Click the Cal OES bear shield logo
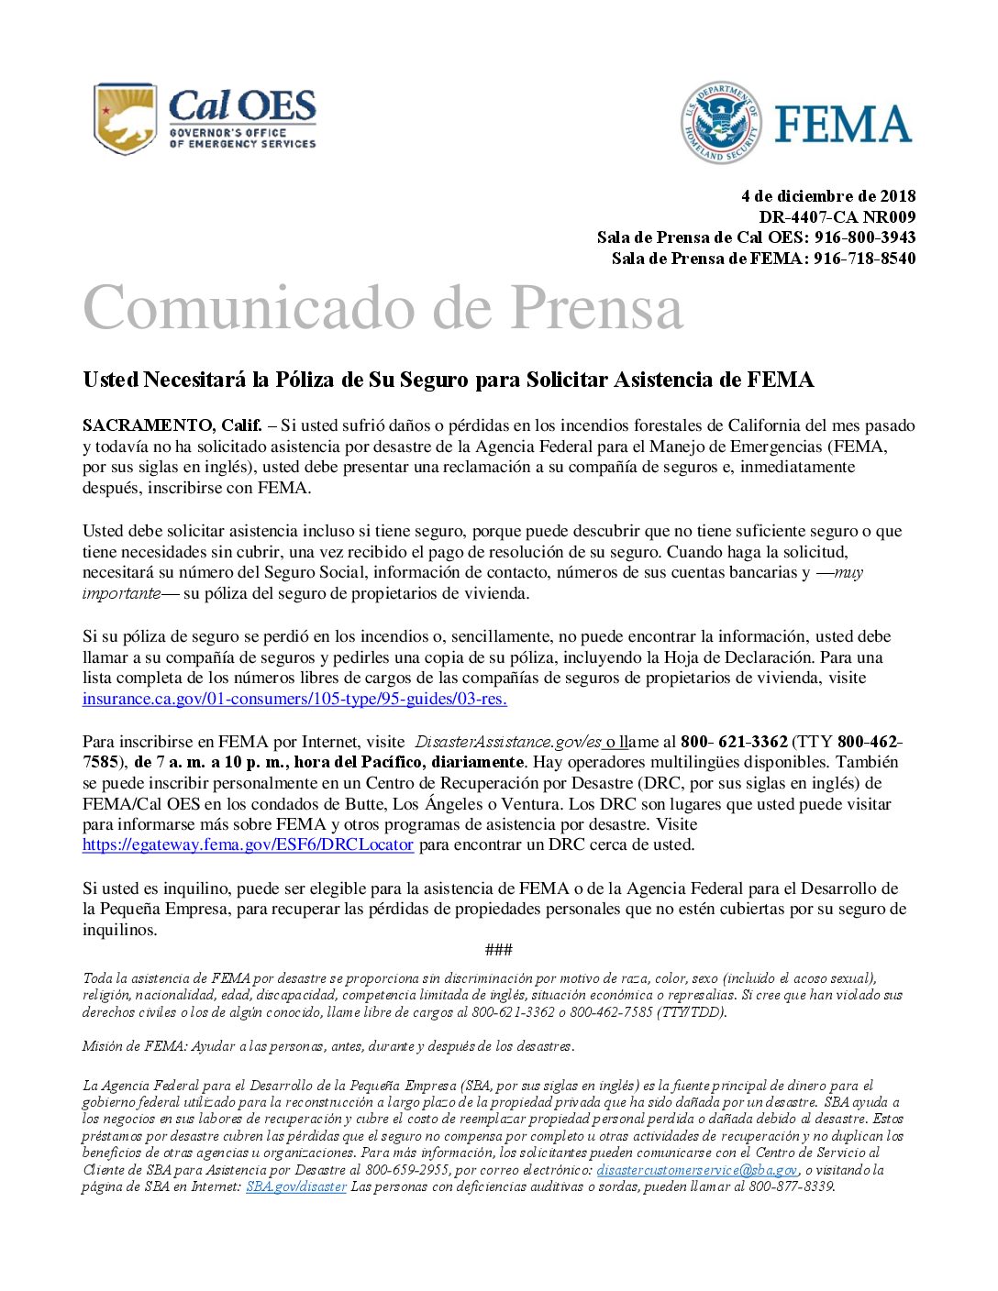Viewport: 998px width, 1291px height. [x=125, y=118]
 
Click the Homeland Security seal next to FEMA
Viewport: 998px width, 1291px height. [x=721, y=122]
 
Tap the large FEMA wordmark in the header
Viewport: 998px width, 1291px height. [x=842, y=124]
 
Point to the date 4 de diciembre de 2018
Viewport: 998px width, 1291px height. [x=827, y=196]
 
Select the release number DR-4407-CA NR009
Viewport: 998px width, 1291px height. [x=837, y=217]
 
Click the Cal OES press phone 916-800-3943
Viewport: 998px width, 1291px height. [x=864, y=237]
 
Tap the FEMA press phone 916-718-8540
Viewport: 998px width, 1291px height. [x=864, y=259]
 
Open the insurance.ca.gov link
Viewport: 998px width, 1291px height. [x=294, y=699]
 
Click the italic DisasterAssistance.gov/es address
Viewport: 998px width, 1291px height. [x=508, y=742]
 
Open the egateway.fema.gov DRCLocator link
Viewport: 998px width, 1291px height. [x=248, y=844]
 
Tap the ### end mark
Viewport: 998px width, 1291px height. [x=498, y=950]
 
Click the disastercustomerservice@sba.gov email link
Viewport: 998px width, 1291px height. [x=697, y=1170]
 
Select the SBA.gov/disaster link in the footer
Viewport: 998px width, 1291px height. [x=295, y=1186]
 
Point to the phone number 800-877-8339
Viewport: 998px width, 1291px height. [x=791, y=1186]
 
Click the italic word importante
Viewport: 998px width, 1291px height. [x=121, y=593]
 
